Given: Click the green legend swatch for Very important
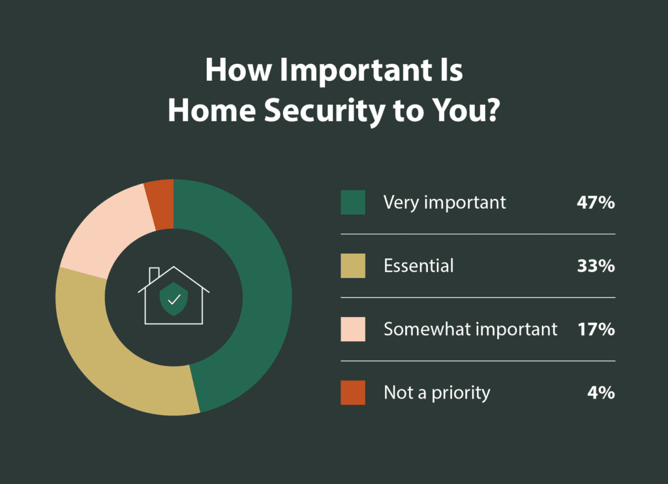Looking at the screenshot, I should coord(353,202).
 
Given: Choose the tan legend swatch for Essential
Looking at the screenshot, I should coord(353,266).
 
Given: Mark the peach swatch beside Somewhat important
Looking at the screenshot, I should coord(353,329).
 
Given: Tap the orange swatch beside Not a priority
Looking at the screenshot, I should coord(353,393).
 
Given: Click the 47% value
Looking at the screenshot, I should coord(595,202).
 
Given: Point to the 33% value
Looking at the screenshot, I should coord(595,266).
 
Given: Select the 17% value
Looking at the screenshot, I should coord(596,329).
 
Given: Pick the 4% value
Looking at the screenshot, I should coord(601,393).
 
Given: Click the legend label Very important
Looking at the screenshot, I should coord(444,202).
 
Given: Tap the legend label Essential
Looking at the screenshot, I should coord(418,266).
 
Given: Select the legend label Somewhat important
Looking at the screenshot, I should coord(470,329).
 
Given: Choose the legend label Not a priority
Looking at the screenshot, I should coord(436,393).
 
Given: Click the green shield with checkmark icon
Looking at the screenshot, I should coord(174,299).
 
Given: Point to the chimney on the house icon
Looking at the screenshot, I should coord(155,274).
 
